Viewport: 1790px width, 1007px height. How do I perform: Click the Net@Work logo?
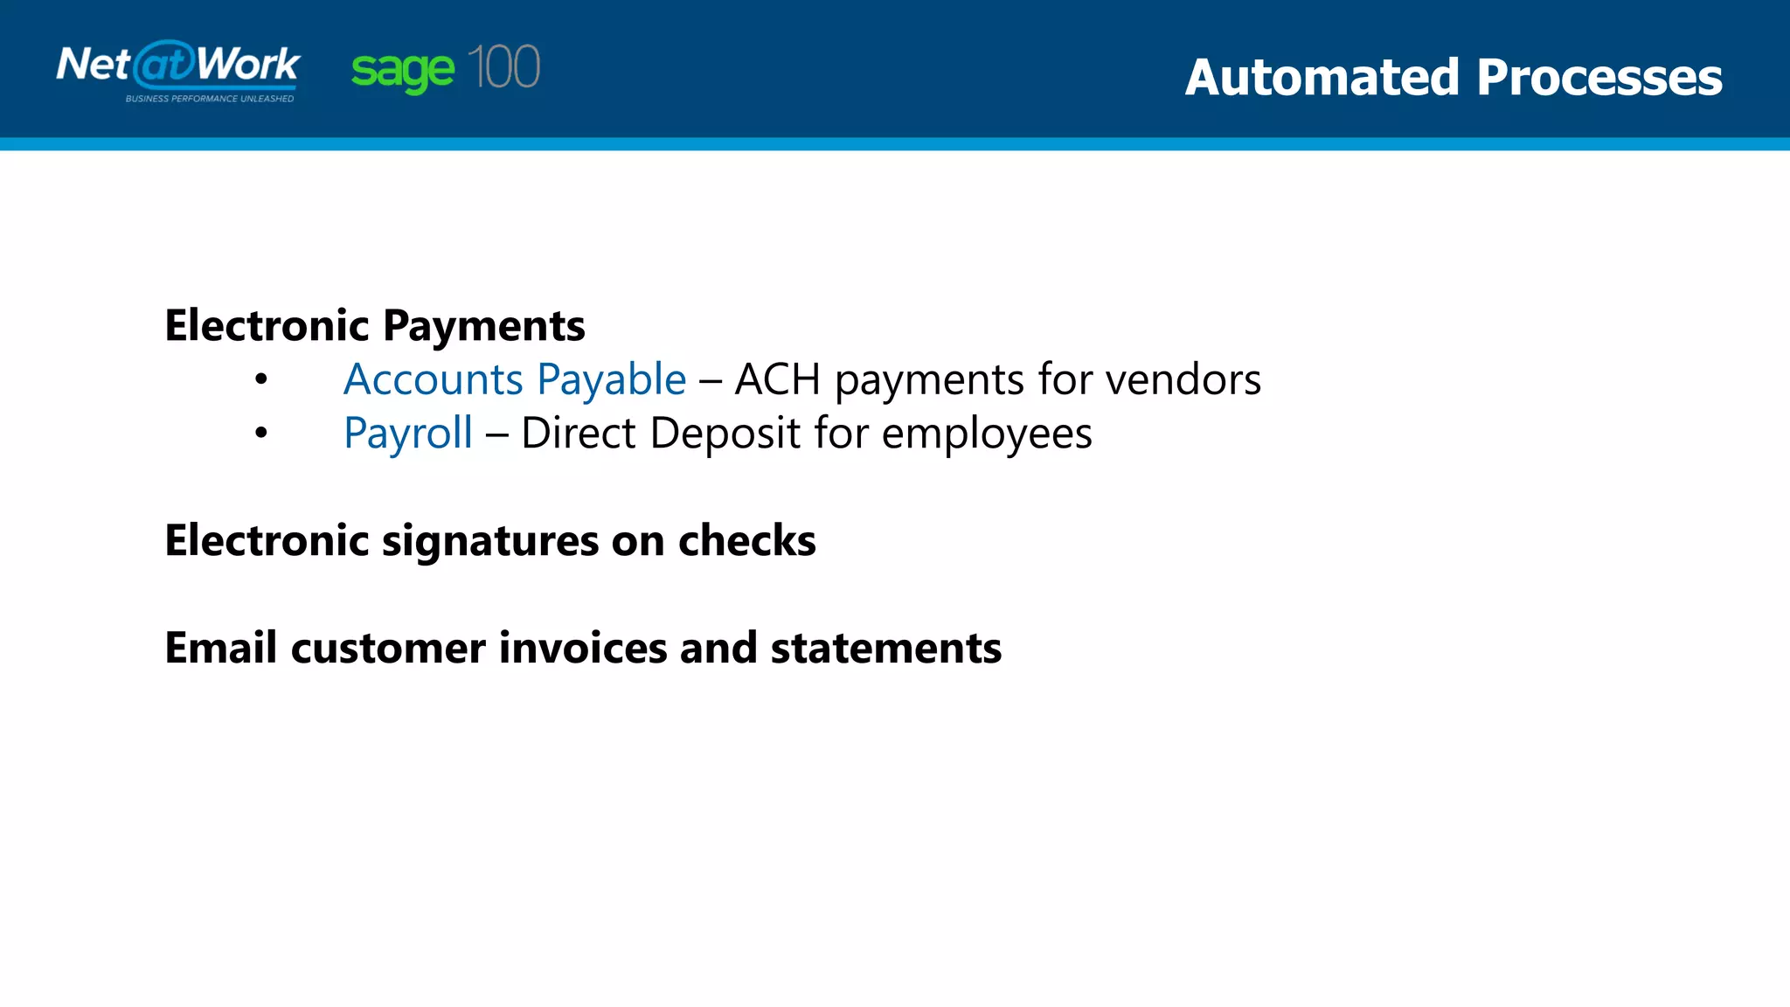point(178,66)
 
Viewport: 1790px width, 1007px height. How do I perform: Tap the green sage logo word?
point(402,70)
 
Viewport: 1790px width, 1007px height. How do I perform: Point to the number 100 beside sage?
point(503,67)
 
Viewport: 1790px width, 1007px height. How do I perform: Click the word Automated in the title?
point(1322,77)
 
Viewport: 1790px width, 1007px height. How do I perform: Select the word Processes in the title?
point(1599,77)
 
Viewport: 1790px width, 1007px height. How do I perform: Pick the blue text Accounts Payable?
point(515,379)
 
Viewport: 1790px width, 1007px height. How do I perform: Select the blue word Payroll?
point(408,434)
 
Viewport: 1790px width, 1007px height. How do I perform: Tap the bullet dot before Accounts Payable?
point(260,379)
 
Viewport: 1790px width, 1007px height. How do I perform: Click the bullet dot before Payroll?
point(260,433)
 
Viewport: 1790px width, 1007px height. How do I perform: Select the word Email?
point(221,648)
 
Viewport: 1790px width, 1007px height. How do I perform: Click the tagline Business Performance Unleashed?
point(210,99)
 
